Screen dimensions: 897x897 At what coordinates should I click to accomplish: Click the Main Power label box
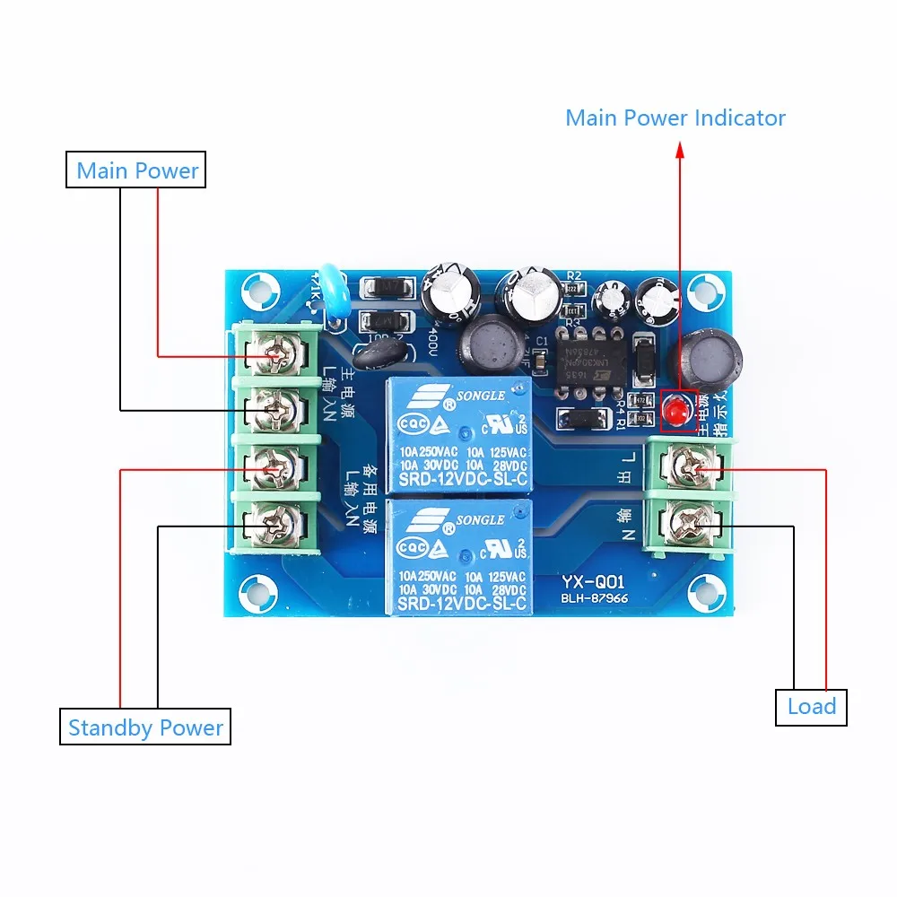[x=136, y=170]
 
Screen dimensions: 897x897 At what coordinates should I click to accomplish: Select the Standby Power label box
[x=145, y=727]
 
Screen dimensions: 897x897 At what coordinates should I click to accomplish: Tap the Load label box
[x=811, y=706]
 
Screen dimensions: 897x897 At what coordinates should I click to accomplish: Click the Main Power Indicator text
[x=675, y=118]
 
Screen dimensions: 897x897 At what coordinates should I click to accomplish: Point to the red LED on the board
[x=675, y=412]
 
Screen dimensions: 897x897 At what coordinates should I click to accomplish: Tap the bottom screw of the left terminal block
[x=274, y=518]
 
